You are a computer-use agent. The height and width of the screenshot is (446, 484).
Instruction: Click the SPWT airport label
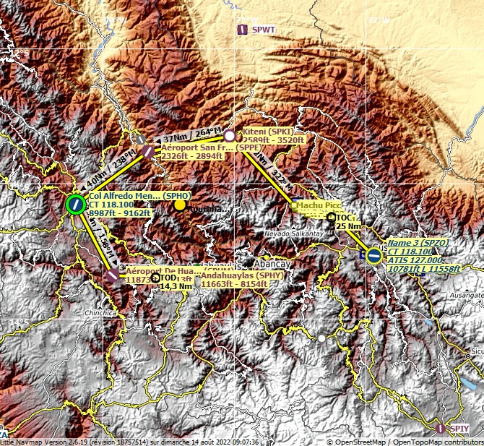[264, 30]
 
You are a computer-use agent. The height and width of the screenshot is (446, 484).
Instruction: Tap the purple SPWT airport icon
[243, 30]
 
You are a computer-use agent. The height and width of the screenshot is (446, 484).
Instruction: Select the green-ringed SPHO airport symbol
[75, 205]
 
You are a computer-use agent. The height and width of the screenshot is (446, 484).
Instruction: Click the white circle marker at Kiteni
[230, 135]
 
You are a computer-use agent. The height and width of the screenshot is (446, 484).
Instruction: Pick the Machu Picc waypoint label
[318, 206]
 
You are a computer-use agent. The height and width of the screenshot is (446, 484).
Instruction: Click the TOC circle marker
[332, 217]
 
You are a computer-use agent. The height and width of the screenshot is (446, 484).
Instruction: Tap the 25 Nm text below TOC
[348, 226]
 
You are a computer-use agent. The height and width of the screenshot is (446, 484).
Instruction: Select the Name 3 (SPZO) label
[417, 243]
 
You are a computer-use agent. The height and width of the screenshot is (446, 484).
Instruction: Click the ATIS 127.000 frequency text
[415, 260]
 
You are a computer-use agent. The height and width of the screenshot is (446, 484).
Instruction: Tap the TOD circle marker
[155, 278]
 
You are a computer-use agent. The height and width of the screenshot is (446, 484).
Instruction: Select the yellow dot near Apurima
[179, 205]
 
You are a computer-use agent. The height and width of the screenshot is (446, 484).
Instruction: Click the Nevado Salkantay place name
[291, 234]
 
